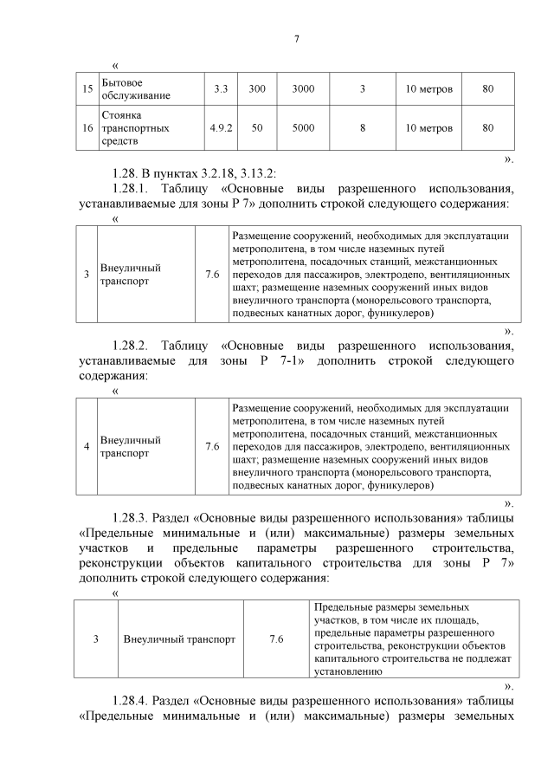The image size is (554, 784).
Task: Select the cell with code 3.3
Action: (221, 88)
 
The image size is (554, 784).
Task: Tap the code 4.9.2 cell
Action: (221, 127)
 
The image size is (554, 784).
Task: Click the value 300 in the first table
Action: (257, 88)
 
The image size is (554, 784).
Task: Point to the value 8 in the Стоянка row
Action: (363, 127)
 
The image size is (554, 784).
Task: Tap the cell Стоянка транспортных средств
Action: (135, 127)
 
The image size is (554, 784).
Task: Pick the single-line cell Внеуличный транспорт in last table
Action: (179, 639)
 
